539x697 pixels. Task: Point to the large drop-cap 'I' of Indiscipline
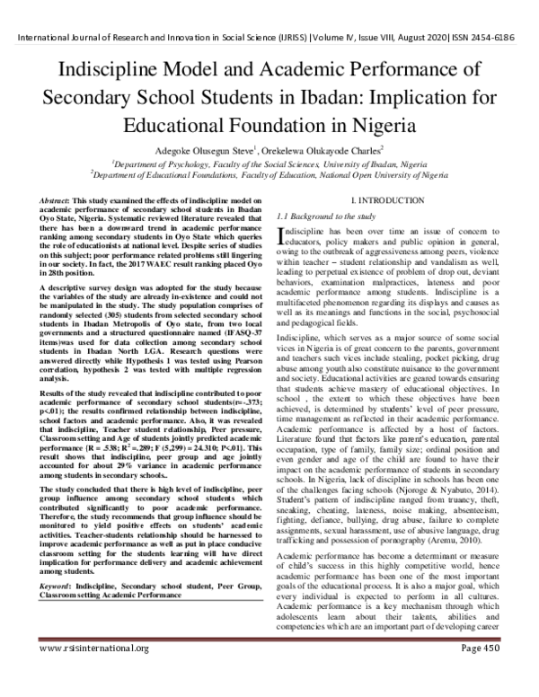283,236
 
